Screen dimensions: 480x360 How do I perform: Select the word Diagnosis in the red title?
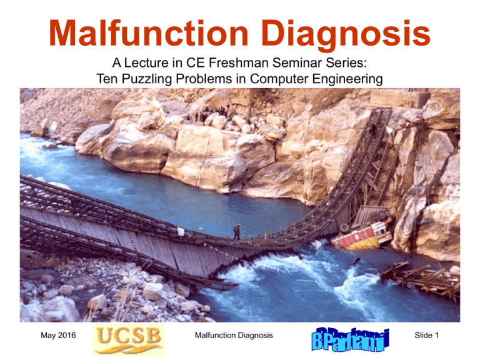[346, 34]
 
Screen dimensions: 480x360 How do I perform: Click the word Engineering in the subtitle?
[347, 79]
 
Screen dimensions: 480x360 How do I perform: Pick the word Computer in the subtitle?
[279, 79]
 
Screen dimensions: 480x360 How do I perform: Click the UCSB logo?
[129, 340]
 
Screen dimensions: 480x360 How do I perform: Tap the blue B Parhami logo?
[350, 339]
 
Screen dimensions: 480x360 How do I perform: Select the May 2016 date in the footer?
[58, 335]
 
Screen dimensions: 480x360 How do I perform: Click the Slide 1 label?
[426, 335]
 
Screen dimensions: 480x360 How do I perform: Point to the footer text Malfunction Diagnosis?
[234, 335]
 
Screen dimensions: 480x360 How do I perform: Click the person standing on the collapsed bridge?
[237, 232]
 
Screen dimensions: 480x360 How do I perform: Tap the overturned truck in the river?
[362, 232]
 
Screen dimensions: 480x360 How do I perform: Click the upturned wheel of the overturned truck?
[344, 228]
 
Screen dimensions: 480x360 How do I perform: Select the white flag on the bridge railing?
[181, 231]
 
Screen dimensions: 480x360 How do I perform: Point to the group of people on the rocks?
[208, 113]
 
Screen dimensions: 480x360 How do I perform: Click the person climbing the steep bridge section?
[373, 130]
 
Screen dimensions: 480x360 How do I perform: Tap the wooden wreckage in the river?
[421, 277]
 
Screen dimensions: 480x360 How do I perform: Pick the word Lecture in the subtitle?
[146, 62]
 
